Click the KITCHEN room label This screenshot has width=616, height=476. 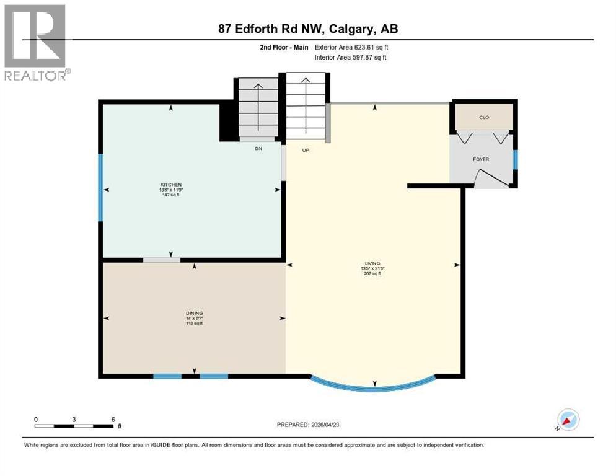(x=171, y=185)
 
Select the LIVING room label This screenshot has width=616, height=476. (x=372, y=263)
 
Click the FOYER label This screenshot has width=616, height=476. (x=481, y=159)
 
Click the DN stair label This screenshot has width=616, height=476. (x=258, y=148)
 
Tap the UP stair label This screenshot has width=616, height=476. (x=306, y=149)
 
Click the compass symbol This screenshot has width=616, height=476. (x=568, y=420)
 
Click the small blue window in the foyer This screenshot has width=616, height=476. (x=514, y=159)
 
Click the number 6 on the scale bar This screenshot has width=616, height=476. (x=113, y=419)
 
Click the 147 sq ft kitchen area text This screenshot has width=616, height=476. (x=171, y=195)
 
